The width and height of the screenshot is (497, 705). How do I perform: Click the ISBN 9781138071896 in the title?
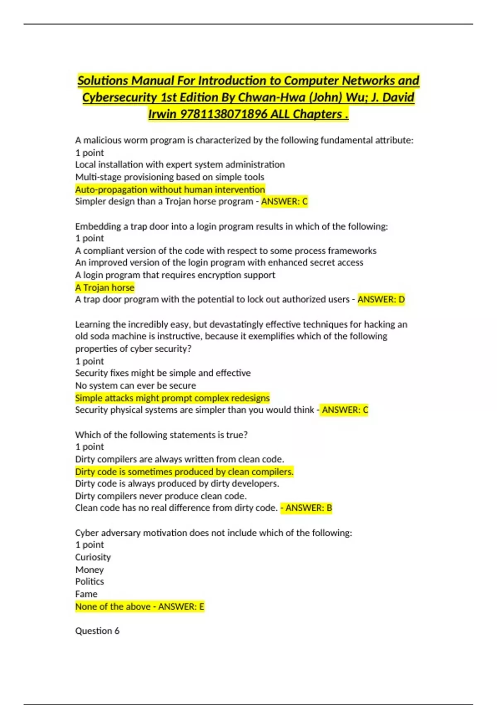click(x=223, y=114)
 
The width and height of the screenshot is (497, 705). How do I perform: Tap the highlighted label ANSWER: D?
click(x=381, y=299)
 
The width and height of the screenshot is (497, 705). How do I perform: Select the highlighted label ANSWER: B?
click(x=309, y=508)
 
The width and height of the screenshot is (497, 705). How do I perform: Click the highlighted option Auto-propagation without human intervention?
click(x=170, y=190)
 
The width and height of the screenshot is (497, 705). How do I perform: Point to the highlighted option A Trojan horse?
click(x=105, y=287)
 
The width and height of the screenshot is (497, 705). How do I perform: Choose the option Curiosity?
click(x=93, y=557)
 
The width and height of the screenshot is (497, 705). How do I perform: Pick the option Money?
click(x=89, y=569)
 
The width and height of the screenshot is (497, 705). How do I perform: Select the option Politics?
click(x=89, y=581)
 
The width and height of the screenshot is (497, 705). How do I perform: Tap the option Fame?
click(x=86, y=594)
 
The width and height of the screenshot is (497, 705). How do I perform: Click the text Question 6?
click(x=97, y=631)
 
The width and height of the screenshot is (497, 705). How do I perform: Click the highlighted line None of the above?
click(x=113, y=606)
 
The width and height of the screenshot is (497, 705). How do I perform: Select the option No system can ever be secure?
click(x=135, y=385)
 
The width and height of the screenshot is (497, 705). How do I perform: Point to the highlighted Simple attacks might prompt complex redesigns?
click(x=172, y=398)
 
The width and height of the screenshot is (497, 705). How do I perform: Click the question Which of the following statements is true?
click(x=161, y=435)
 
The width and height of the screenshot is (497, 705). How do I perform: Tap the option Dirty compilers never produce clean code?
click(x=161, y=496)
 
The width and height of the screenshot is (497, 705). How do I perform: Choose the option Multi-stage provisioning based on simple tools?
click(x=169, y=177)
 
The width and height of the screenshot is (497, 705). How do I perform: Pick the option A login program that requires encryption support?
click(x=175, y=275)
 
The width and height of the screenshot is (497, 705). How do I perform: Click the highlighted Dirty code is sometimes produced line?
click(x=184, y=472)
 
